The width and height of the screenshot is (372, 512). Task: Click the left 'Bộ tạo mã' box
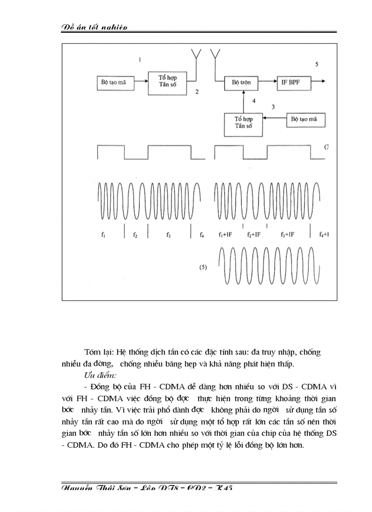(116, 83)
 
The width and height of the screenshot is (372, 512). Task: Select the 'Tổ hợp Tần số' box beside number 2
(167, 83)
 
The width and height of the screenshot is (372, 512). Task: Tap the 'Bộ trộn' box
(242, 83)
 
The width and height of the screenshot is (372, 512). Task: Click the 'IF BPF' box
(293, 83)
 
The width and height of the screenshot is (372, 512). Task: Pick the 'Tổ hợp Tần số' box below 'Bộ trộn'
(244, 124)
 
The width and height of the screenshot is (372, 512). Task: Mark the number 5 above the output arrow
(316, 64)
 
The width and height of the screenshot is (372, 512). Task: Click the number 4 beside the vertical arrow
(253, 100)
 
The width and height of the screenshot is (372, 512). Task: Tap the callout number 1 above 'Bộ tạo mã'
(140, 59)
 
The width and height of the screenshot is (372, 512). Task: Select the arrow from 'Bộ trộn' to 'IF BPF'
(267, 83)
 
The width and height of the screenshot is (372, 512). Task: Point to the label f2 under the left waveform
(135, 235)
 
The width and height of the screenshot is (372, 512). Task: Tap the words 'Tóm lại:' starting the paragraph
(99, 352)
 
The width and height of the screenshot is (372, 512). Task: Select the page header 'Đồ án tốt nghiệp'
(94, 27)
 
